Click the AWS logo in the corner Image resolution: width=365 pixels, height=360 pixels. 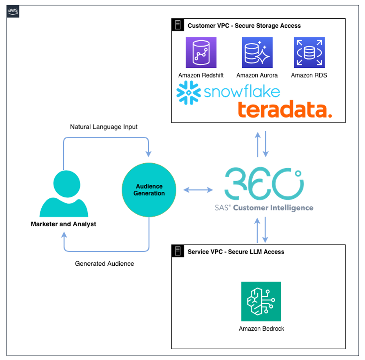point(13,12)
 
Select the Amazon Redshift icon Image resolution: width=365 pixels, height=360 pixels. point(201,53)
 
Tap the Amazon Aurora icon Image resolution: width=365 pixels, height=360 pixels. point(257,53)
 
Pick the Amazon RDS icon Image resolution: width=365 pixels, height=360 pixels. point(309,53)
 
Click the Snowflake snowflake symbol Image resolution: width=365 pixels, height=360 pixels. point(189,93)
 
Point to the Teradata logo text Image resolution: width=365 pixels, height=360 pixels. point(285,110)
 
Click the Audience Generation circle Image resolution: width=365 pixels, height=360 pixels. point(149,190)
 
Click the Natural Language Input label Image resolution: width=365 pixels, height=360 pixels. point(104,127)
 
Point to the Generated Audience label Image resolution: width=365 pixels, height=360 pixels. point(105,264)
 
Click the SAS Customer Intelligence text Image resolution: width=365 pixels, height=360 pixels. point(264,208)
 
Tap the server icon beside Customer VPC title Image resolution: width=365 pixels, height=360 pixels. point(178,25)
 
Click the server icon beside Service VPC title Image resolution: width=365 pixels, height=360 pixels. point(178,251)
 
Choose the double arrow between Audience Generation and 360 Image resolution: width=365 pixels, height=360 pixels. point(198,190)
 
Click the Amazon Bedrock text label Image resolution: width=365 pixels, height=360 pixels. point(261,328)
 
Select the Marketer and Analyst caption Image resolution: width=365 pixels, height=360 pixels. point(63,224)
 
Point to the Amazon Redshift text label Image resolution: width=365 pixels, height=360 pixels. point(201,75)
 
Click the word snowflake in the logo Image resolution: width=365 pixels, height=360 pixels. point(242,92)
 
